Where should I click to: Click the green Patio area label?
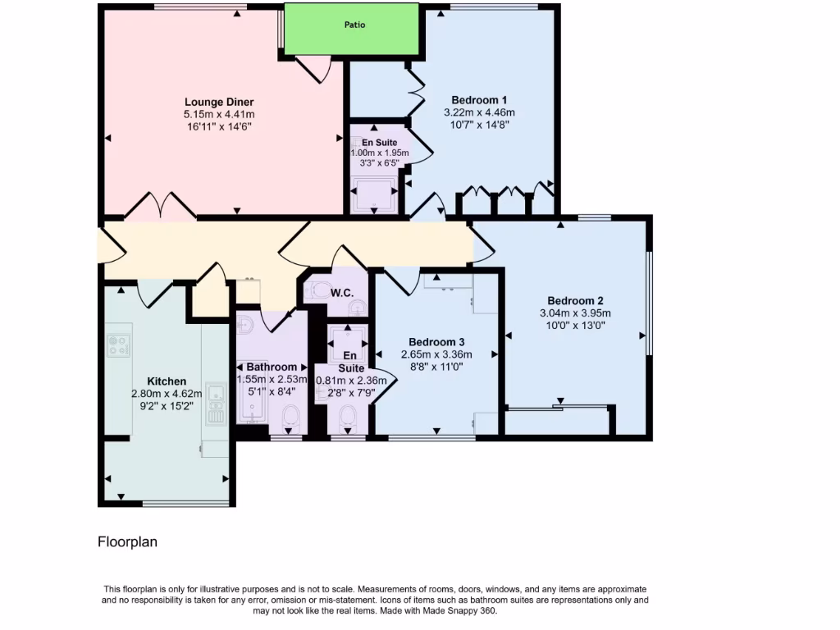pyautogui.click(x=354, y=25)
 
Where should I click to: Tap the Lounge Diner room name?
pyautogui.click(x=219, y=102)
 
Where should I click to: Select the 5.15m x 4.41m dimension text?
pyautogui.click(x=219, y=115)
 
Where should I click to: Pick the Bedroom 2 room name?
pyautogui.click(x=575, y=299)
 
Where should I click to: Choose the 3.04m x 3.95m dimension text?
pyautogui.click(x=575, y=313)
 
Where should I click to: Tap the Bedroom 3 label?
pyautogui.click(x=436, y=341)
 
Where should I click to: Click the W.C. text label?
pyautogui.click(x=341, y=293)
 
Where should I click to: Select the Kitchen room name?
pyautogui.click(x=167, y=381)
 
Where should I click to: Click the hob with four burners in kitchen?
pyautogui.click(x=119, y=345)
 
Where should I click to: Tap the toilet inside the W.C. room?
pyautogui.click(x=314, y=290)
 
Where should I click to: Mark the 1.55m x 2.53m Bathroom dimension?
pyautogui.click(x=272, y=379)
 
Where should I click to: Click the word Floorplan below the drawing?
pyautogui.click(x=127, y=541)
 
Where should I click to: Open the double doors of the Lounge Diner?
pyautogui.click(x=160, y=207)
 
